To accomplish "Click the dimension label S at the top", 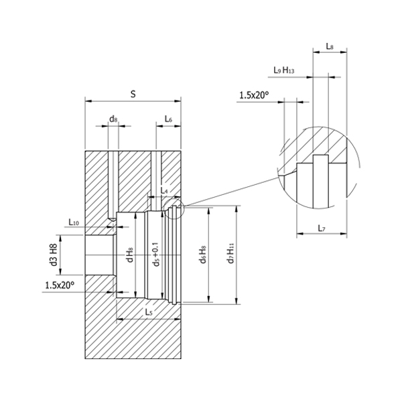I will [x=133, y=94].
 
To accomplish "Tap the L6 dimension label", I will [x=168, y=119].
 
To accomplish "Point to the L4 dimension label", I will [x=164, y=192].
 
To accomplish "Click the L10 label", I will [x=74, y=222].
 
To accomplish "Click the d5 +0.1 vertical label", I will [x=156, y=255].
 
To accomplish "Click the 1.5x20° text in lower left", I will [x=60, y=285].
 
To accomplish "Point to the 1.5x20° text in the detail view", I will [x=253, y=96].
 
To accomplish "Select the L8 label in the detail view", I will [x=330, y=46].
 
